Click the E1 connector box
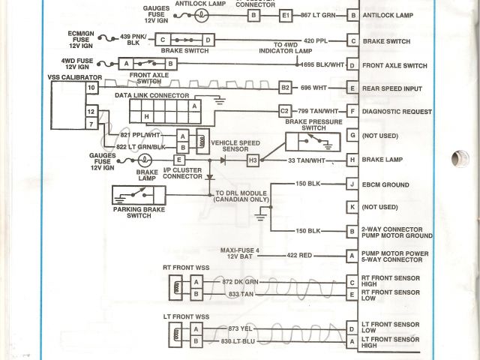pos(285,15)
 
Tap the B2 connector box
pos(285,88)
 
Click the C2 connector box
pos(285,112)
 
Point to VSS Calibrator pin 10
pos(91,88)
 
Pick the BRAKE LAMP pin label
pos(382,160)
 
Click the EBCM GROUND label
pos(385,184)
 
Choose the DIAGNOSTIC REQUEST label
pos(396,112)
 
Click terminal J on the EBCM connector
pos(352,184)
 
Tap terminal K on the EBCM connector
pos(352,206)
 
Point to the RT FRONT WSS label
pos(186,267)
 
